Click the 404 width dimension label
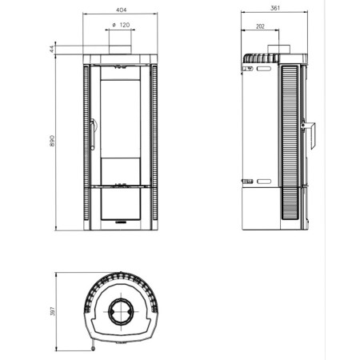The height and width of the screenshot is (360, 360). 122,10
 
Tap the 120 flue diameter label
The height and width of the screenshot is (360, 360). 125,25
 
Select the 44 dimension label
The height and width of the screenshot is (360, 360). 52,49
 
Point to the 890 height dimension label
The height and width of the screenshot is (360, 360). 52,141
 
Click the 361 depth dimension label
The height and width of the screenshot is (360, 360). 275,8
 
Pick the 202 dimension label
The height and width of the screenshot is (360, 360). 260,26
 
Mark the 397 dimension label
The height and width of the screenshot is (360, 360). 52,311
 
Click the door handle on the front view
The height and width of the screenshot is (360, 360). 93,134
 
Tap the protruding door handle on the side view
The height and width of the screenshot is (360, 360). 309,135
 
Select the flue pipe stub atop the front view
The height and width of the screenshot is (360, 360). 120,50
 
